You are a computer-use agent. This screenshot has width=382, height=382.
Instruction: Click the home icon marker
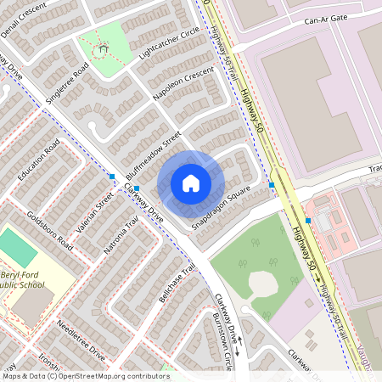190,183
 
